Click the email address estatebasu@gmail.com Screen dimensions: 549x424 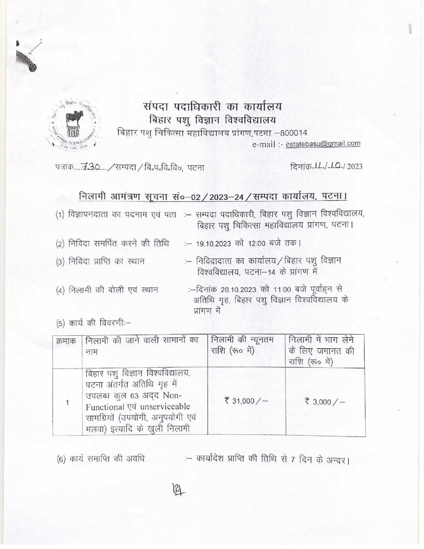tap(323, 143)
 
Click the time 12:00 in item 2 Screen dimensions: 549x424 tap(256, 244)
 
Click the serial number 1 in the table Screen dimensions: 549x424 tap(67, 402)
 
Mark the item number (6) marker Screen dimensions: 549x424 tap(62, 459)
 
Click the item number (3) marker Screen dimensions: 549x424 tap(61, 262)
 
